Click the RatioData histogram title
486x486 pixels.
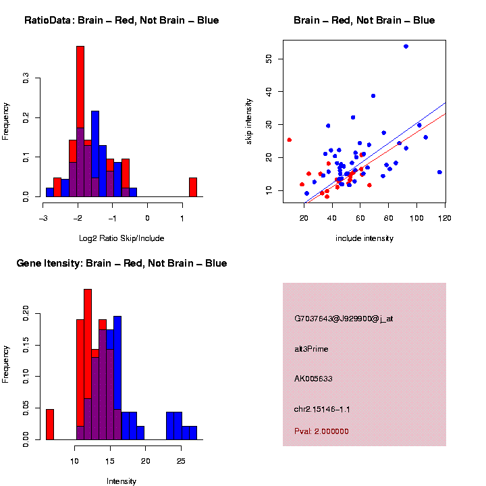(x=122, y=20)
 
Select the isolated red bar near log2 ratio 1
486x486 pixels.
(x=192, y=187)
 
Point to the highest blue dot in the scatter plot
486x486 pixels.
(x=406, y=46)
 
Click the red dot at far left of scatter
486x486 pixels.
(x=289, y=140)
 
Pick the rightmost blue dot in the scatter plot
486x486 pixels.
(x=439, y=172)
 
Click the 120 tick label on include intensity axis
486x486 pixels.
(x=445, y=217)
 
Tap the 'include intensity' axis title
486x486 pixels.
(x=364, y=238)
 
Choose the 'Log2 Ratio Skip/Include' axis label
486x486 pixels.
(x=121, y=238)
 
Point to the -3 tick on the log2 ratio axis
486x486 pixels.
(x=43, y=218)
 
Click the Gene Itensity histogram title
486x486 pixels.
(x=122, y=263)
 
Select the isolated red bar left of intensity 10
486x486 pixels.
(x=49, y=424)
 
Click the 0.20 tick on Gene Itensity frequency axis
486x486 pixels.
(x=26, y=313)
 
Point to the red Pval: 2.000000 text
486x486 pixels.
(x=321, y=431)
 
